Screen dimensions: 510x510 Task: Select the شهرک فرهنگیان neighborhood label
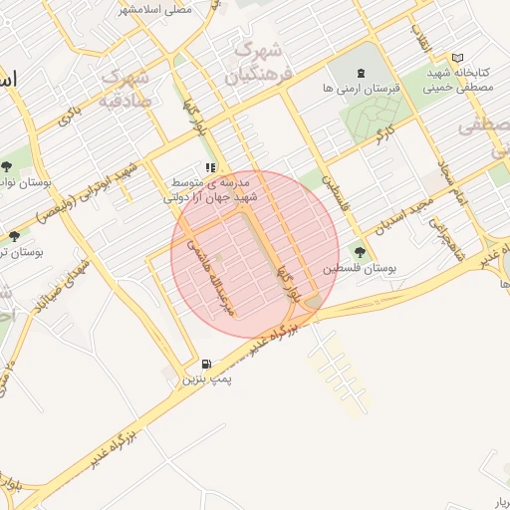tap(254, 61)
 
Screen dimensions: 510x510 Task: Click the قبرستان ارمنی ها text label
tap(362, 89)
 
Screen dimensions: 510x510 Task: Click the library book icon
tap(457, 58)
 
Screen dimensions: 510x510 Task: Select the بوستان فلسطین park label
tap(356, 269)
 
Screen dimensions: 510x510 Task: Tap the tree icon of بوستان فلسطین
tap(358, 252)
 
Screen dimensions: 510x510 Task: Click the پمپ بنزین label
tap(204, 381)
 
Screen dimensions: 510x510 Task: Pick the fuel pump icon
tap(205, 365)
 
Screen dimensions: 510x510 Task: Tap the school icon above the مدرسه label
tap(209, 168)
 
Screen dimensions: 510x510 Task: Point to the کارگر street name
tap(383, 132)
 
